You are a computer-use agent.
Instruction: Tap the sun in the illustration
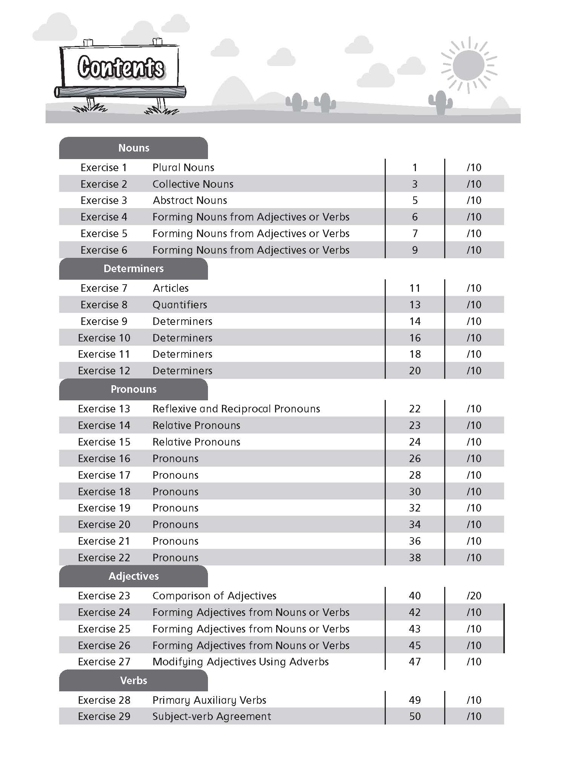pos(468,65)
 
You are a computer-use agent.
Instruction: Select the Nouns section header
pos(133,148)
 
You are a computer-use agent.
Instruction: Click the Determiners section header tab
pos(133,268)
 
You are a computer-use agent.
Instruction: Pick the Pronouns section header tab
pos(133,389)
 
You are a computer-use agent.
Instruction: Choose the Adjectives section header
pos(133,576)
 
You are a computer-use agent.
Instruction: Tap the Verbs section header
pos(133,680)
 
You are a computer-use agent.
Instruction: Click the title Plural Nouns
pos(183,167)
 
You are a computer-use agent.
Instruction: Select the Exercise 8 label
pos(104,305)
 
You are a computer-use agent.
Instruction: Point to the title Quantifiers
pos(180,305)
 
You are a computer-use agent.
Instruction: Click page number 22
pos(414,409)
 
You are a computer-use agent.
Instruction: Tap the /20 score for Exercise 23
pos(474,596)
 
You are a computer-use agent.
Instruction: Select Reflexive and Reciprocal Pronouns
pos(236,409)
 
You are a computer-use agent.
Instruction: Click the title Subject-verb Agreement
pos(211,716)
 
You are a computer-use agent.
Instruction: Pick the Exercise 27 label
pos(104,662)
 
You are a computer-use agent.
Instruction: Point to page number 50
pos(414,716)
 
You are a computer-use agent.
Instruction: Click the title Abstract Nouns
pos(190,200)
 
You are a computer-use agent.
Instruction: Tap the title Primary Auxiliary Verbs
pos(209,700)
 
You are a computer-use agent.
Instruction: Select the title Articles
pos(171,288)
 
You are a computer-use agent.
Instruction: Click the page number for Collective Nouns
pos(414,184)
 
